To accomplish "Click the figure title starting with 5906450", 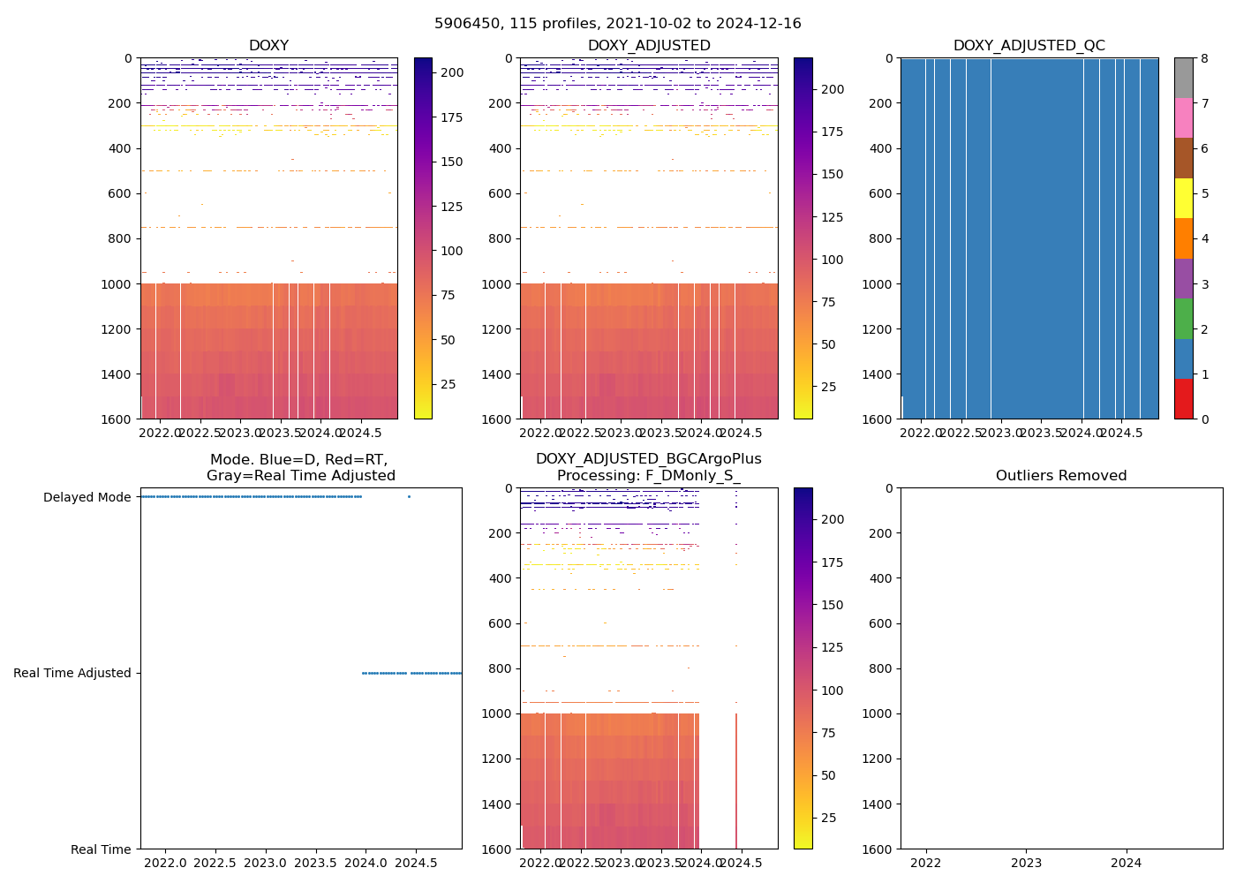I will [617, 24].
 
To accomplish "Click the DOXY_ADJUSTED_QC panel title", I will [1029, 46].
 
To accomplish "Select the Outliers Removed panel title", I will [1060, 476].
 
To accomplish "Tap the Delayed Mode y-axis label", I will [87, 497].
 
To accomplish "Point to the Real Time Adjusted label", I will [72, 673].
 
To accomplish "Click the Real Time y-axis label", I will [101, 849].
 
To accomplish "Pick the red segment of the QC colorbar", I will [1183, 398].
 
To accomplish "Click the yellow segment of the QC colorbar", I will [1183, 198].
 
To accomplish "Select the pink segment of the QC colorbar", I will [1183, 117].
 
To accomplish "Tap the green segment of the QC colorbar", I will [1183, 318].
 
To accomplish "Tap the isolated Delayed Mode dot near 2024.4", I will [409, 497].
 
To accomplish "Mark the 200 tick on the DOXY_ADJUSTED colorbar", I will [833, 89].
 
